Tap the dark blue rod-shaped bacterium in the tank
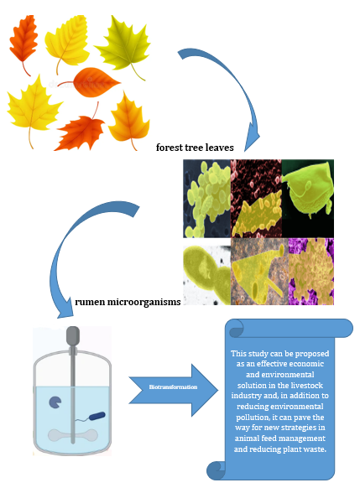coord(99,415)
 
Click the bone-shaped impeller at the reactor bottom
coord(73,437)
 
